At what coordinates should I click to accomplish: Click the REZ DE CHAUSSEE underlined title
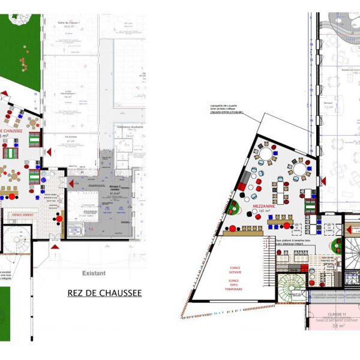coord(106,293)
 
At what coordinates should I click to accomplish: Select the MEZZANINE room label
coord(265,205)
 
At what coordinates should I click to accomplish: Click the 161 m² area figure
coord(265,211)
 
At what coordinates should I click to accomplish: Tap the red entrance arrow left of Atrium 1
coord(73,181)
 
